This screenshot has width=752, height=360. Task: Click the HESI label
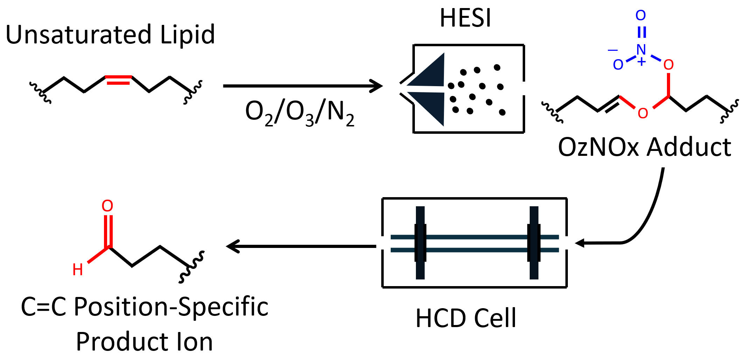click(x=465, y=18)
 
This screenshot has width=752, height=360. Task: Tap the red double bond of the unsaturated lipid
click(x=118, y=80)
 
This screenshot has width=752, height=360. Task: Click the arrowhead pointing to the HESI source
click(x=377, y=86)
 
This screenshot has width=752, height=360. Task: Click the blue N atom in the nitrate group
click(x=641, y=50)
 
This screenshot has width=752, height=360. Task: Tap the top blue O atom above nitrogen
click(x=641, y=15)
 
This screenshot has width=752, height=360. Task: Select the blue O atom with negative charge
click(x=618, y=64)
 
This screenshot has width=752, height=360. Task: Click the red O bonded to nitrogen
click(x=668, y=64)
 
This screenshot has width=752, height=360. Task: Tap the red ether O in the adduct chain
click(x=643, y=113)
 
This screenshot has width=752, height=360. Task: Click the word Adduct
click(x=689, y=147)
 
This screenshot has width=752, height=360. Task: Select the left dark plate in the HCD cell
click(x=420, y=243)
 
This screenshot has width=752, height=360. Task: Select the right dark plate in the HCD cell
click(x=534, y=243)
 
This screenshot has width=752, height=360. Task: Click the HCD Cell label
click(x=466, y=318)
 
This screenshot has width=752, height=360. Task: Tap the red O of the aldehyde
click(x=107, y=206)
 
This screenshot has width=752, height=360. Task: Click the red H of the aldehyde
click(x=78, y=270)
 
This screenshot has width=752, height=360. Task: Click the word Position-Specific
click(x=171, y=307)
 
